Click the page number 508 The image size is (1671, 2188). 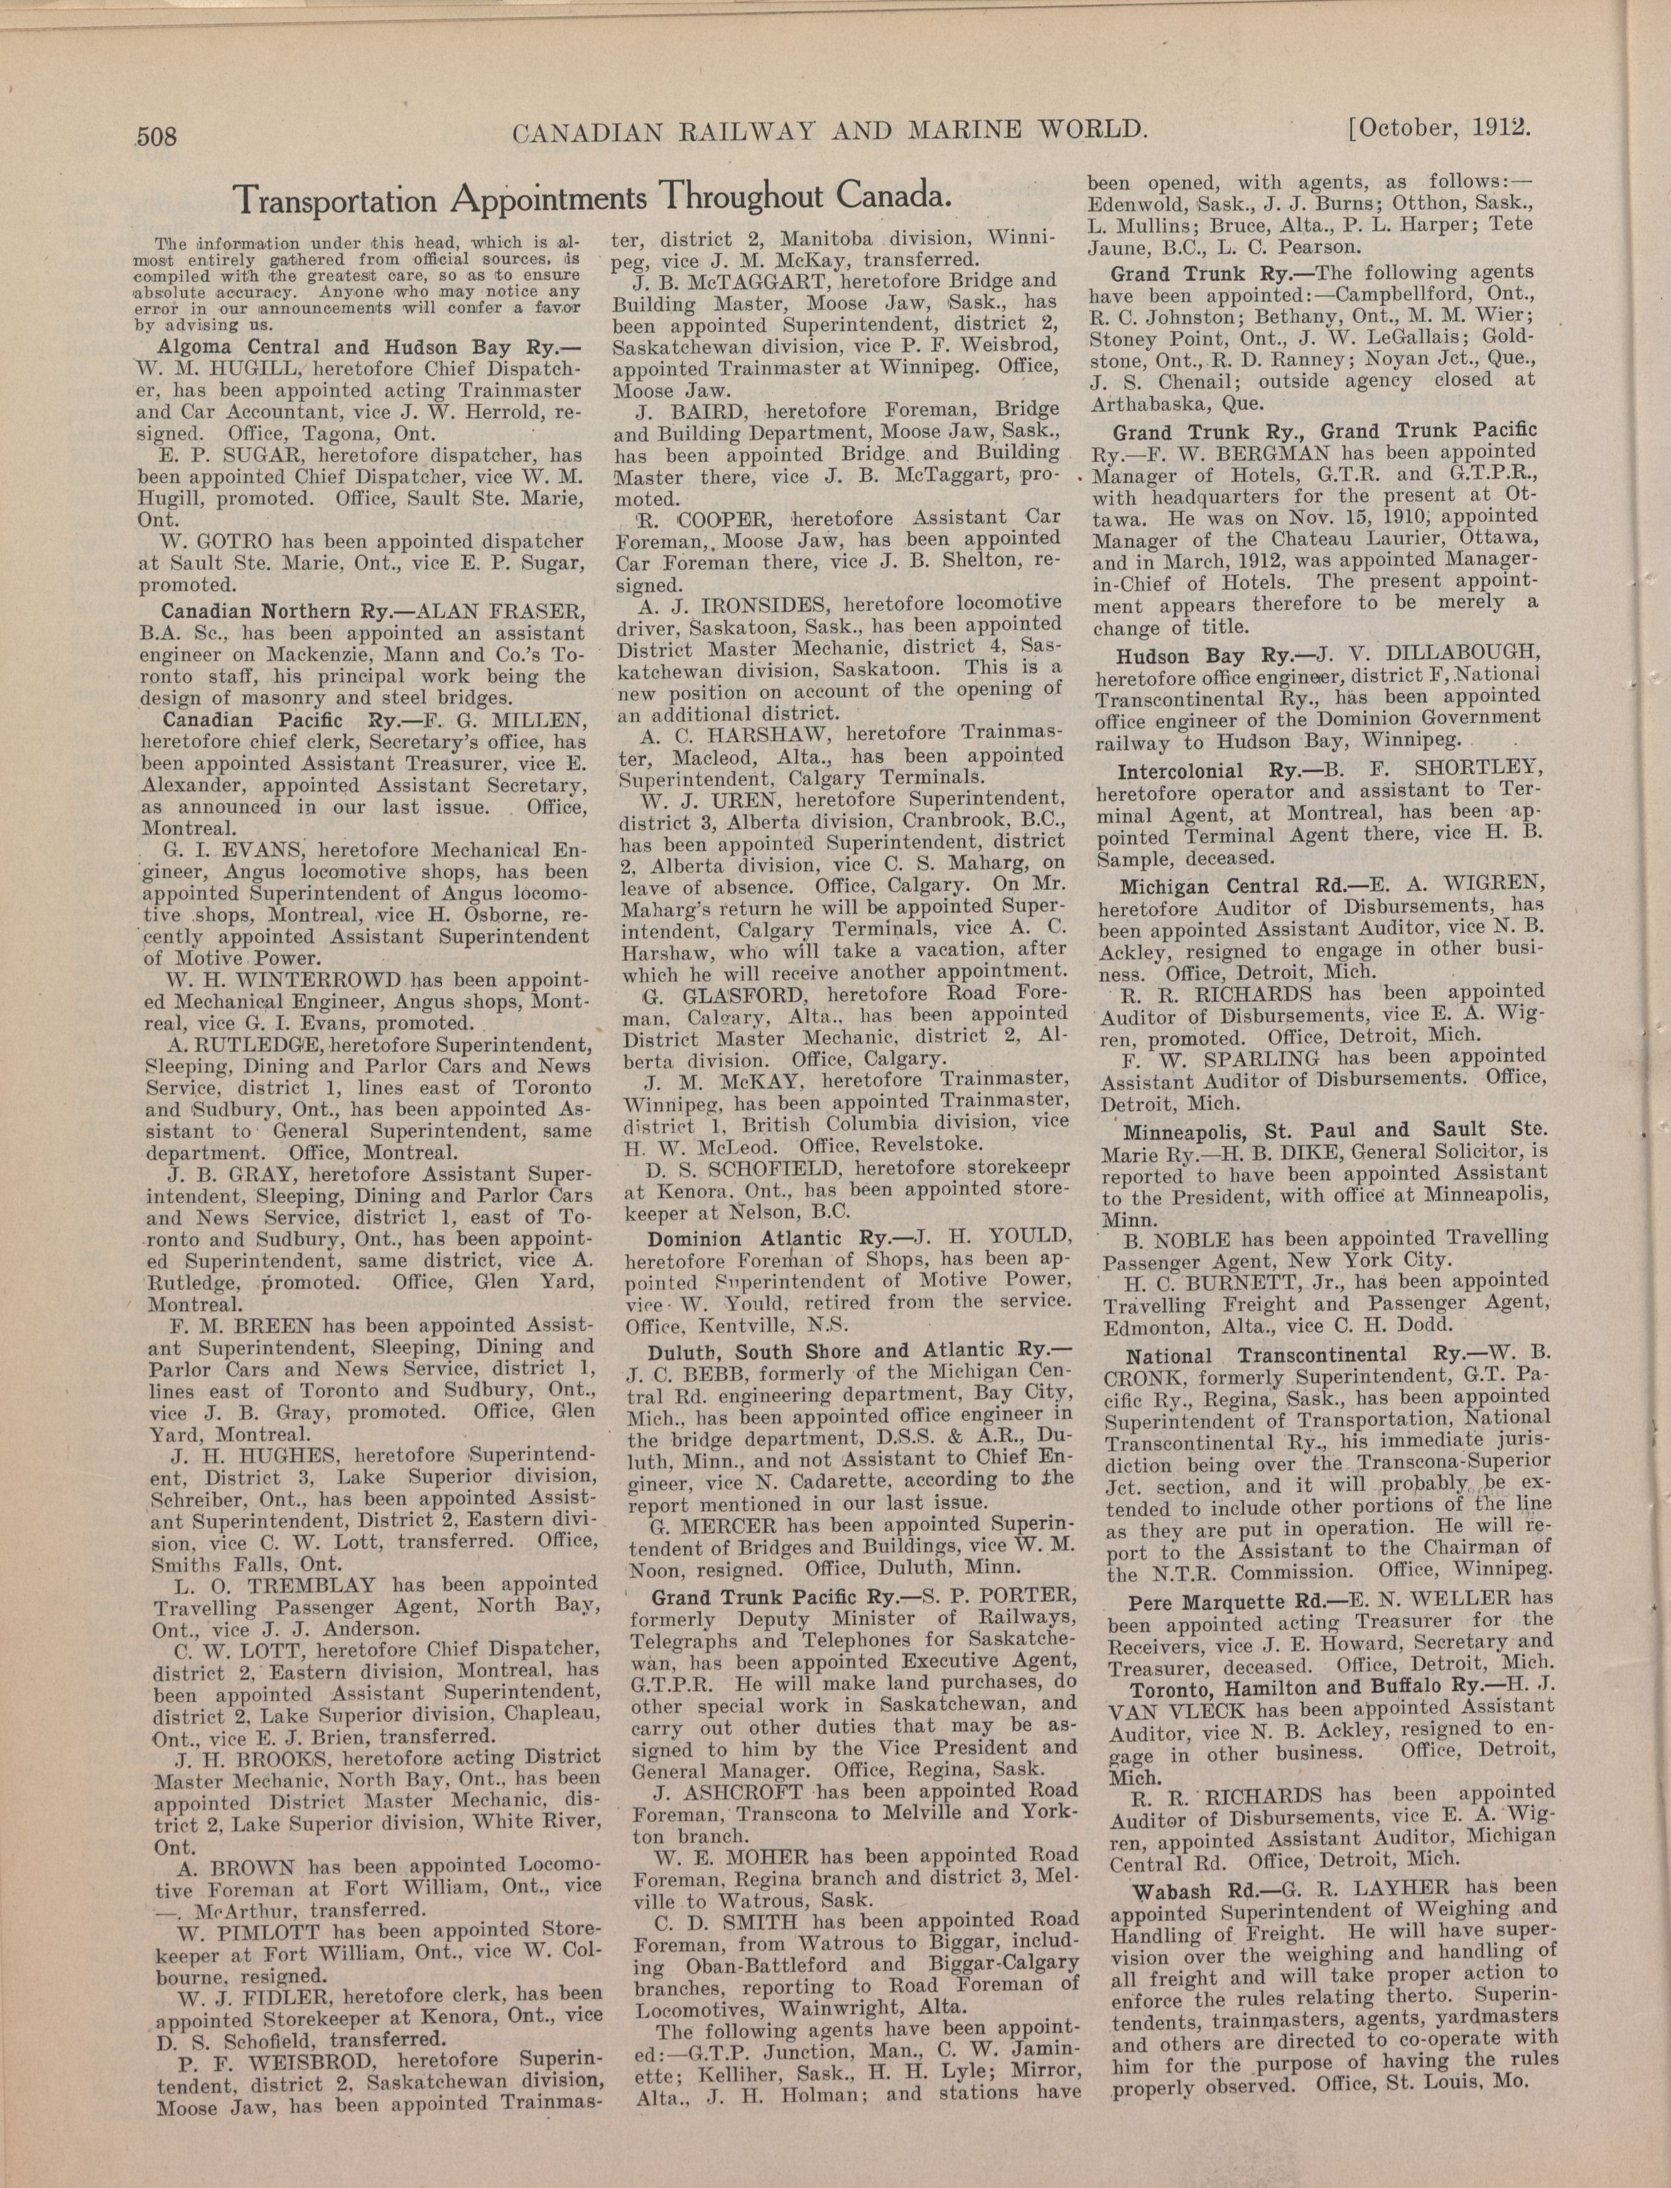click(x=156, y=134)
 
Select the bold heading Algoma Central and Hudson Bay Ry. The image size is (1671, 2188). click(x=368, y=347)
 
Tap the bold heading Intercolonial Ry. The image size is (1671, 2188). click(x=1194, y=771)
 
